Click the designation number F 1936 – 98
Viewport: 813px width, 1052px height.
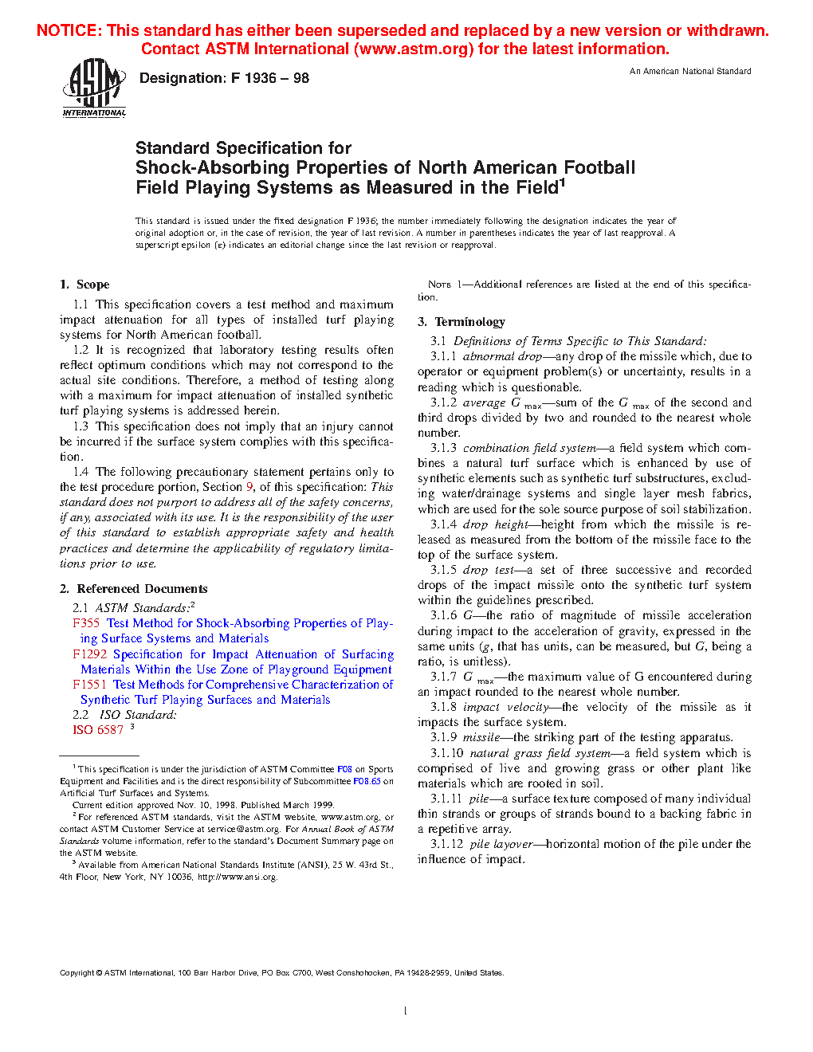point(224,78)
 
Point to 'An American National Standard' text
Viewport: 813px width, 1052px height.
point(690,72)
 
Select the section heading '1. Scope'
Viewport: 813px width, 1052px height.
point(84,285)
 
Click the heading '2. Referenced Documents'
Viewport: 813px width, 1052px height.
point(134,589)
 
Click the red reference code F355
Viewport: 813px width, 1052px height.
point(86,623)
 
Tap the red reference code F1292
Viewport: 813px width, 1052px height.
point(89,654)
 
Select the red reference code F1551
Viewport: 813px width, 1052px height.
point(89,685)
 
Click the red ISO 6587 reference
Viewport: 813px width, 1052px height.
point(98,730)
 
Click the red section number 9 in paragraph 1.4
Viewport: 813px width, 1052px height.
point(249,487)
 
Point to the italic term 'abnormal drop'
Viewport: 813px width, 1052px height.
point(502,356)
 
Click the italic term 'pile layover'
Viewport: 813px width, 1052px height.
point(501,844)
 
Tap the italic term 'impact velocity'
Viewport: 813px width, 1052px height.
point(505,707)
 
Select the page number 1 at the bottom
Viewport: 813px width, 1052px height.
point(406,1011)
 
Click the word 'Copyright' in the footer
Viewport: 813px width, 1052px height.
point(77,972)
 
